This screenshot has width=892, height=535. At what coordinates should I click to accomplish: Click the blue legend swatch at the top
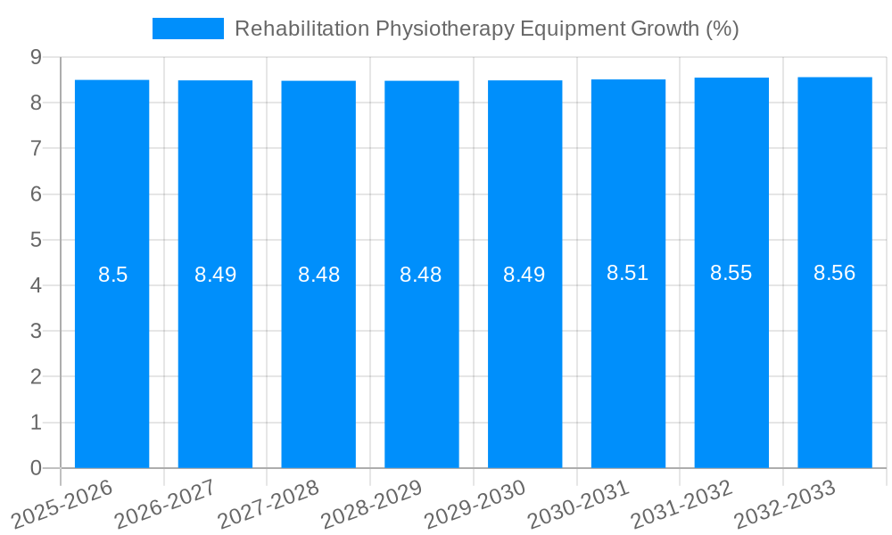pyautogui.click(x=187, y=29)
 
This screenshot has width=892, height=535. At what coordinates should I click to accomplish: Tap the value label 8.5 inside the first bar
pyautogui.click(x=112, y=275)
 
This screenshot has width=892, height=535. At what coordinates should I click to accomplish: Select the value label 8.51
pyautogui.click(x=628, y=274)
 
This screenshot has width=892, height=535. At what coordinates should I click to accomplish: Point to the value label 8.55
pyautogui.click(x=731, y=274)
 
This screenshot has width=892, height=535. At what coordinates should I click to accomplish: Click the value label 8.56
pyautogui.click(x=835, y=274)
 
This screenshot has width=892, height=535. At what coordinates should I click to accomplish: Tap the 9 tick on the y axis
pyautogui.click(x=36, y=57)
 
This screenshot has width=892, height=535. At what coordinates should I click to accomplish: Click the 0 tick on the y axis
pyautogui.click(x=36, y=468)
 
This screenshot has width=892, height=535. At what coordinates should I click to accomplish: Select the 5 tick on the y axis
pyautogui.click(x=36, y=240)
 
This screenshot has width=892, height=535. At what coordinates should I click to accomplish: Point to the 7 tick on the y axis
pyautogui.click(x=36, y=148)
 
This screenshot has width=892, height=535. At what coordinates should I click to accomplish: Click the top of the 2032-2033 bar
pyautogui.click(x=835, y=78)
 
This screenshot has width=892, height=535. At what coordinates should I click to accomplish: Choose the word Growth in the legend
pyautogui.click(x=665, y=29)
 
